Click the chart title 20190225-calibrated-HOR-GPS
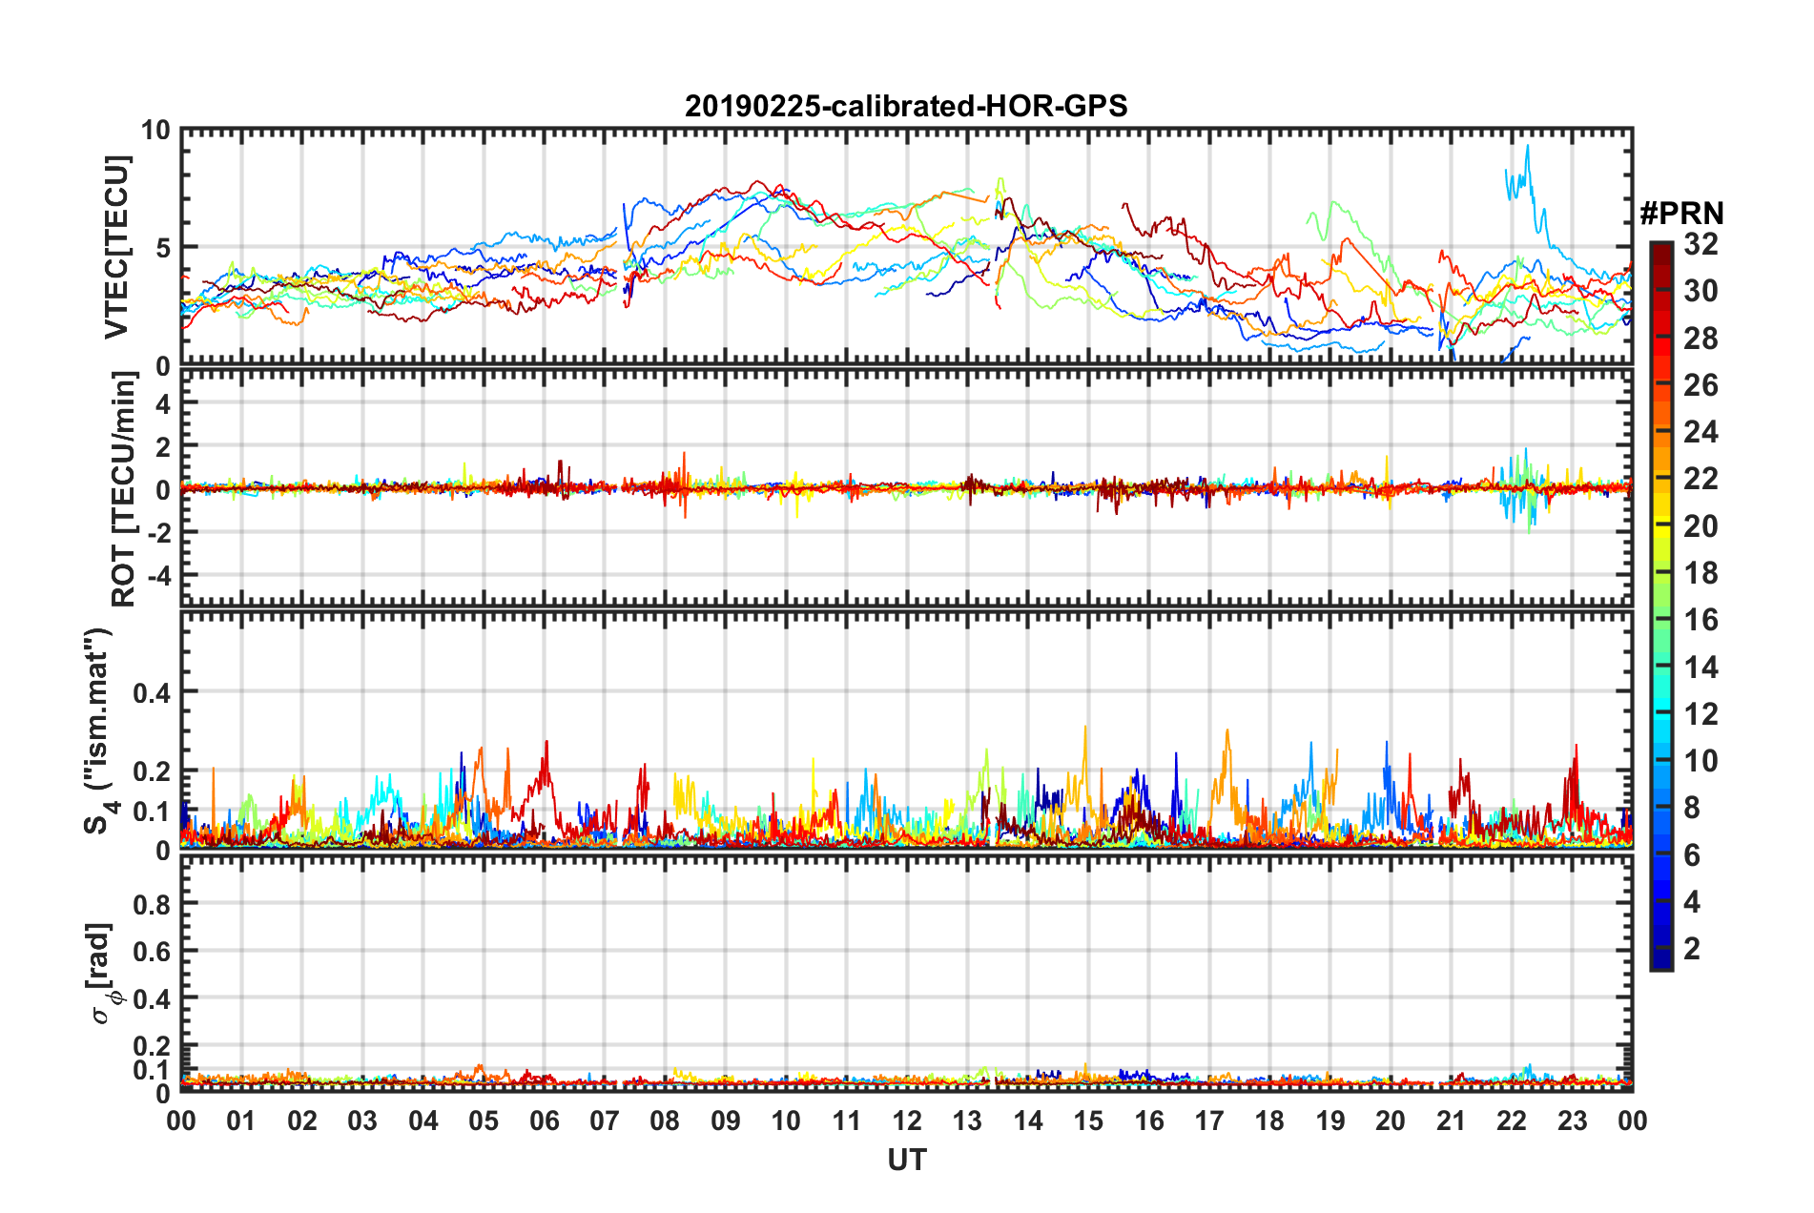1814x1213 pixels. click(x=906, y=106)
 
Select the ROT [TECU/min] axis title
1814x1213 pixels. click(x=123, y=489)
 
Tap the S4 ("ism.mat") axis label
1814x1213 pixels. click(x=98, y=730)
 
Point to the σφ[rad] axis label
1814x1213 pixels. click(x=101, y=973)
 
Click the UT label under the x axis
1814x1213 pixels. click(x=906, y=1160)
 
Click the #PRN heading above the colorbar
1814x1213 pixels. click(x=1681, y=213)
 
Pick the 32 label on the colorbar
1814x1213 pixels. click(x=1701, y=244)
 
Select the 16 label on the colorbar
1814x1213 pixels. click(x=1701, y=620)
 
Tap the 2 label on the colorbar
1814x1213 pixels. click(x=1692, y=948)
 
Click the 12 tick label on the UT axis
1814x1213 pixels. click(x=907, y=1120)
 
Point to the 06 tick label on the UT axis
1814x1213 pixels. click(x=545, y=1120)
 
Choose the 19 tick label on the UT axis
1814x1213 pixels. click(x=1330, y=1120)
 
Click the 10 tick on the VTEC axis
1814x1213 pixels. click(x=155, y=131)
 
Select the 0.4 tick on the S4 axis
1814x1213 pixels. click(x=151, y=692)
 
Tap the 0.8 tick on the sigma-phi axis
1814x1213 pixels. click(x=151, y=904)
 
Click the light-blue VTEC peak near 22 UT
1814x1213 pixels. click(x=1527, y=147)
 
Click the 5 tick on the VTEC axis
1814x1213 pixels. click(x=162, y=248)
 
